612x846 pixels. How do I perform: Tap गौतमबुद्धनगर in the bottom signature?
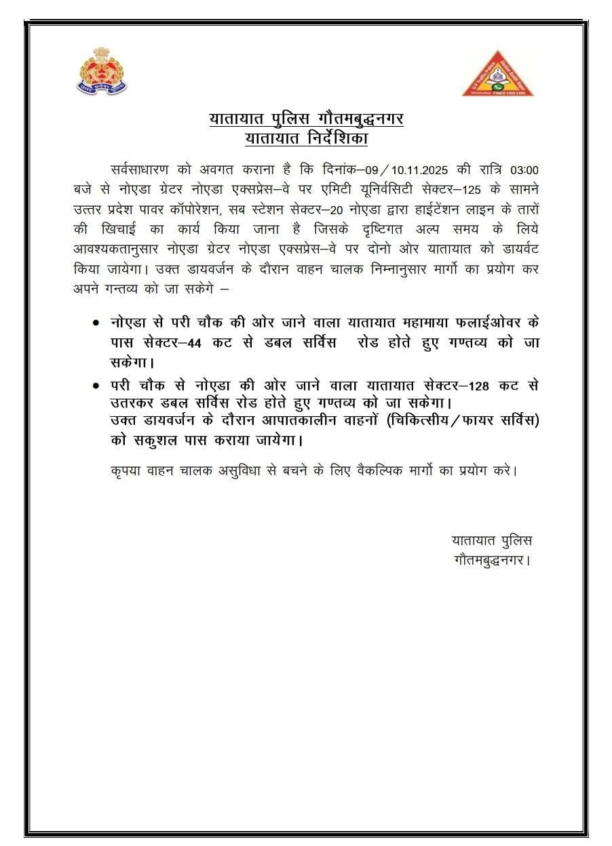coord(489,561)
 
